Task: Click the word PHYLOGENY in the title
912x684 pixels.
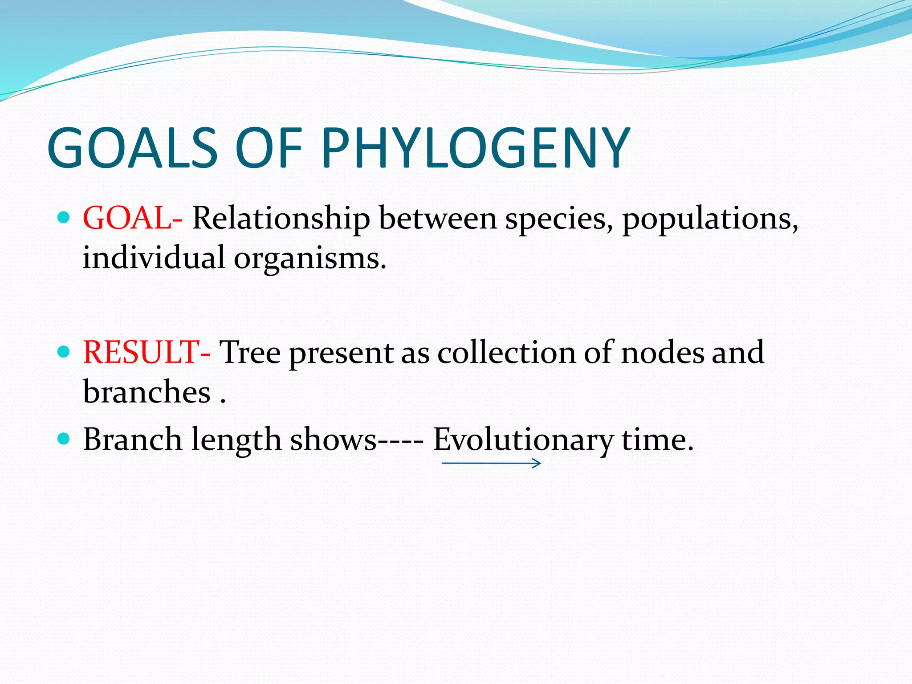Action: click(x=475, y=148)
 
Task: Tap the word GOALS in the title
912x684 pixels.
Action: click(x=132, y=148)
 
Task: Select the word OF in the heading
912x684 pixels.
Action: click(x=269, y=148)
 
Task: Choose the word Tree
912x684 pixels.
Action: click(x=250, y=352)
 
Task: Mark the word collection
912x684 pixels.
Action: click(x=506, y=352)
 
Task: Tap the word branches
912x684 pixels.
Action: click(x=147, y=392)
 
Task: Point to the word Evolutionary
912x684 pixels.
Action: click(x=523, y=440)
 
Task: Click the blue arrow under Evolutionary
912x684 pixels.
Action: click(x=491, y=464)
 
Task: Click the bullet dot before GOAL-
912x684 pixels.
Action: click(x=64, y=218)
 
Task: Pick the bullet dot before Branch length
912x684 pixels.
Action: click(x=64, y=439)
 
